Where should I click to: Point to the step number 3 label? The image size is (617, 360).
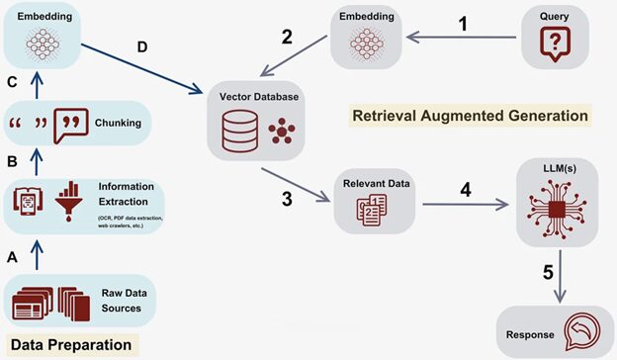click(x=287, y=199)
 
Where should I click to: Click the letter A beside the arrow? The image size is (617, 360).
click(x=12, y=256)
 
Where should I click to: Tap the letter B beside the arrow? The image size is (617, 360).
click(x=12, y=158)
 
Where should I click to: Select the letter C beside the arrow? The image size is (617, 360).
click(x=13, y=83)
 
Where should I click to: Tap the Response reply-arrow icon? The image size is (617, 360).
click(x=576, y=330)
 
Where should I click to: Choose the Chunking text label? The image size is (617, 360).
click(x=118, y=124)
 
